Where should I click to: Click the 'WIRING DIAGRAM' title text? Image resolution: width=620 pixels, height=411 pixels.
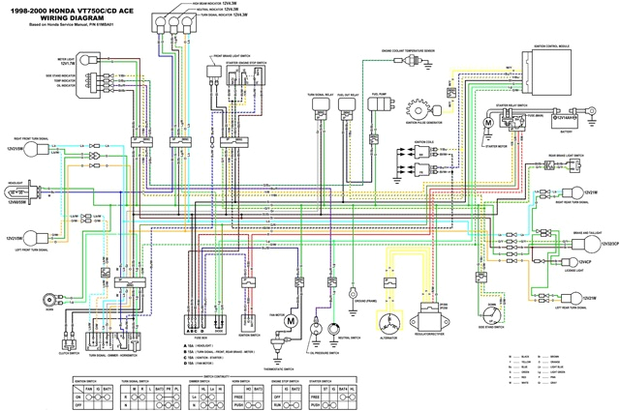tap(48, 17)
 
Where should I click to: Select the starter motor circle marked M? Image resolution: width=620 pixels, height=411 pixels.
tap(489, 123)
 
